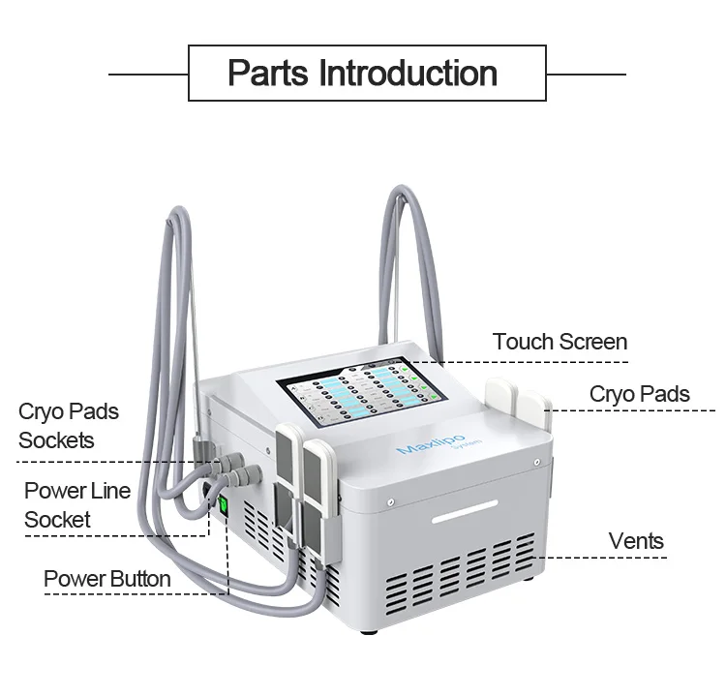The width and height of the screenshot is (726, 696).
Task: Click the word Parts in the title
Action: coord(268,74)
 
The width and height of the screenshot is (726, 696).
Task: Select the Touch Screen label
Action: coord(560,342)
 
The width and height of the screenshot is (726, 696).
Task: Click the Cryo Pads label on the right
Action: coord(639,394)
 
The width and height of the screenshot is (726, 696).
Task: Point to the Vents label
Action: coord(636,540)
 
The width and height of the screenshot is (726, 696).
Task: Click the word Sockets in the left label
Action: coord(56,440)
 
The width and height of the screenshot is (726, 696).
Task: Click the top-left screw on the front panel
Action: coord(389,501)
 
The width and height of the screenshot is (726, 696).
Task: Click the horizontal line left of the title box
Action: coord(148,74)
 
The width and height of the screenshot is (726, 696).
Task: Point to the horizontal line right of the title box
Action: coord(586,74)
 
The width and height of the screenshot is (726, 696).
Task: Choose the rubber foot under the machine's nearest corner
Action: coord(367,630)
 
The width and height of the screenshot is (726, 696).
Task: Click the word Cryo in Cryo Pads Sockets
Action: coord(40,411)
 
